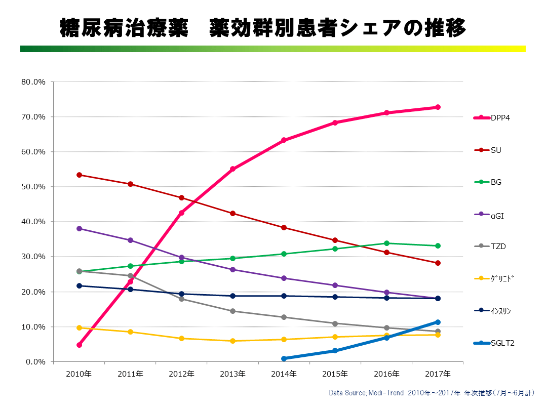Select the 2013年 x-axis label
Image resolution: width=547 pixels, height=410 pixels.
coord(232,374)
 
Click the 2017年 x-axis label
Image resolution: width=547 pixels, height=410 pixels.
coord(438,374)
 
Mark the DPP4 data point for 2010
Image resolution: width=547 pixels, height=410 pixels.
coord(79,345)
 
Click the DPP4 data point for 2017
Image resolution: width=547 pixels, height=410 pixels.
coord(438,107)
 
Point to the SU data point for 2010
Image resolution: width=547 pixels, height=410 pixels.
coord(79,175)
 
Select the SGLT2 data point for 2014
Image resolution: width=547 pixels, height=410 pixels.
coord(284,358)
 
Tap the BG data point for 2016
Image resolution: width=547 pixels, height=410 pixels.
coord(386,243)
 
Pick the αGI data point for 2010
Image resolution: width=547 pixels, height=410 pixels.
coord(79,229)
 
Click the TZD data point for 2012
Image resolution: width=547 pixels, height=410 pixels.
coord(181,299)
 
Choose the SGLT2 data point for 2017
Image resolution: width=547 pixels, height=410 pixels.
coord(438,322)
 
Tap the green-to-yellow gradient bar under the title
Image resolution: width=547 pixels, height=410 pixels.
coord(272,49)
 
